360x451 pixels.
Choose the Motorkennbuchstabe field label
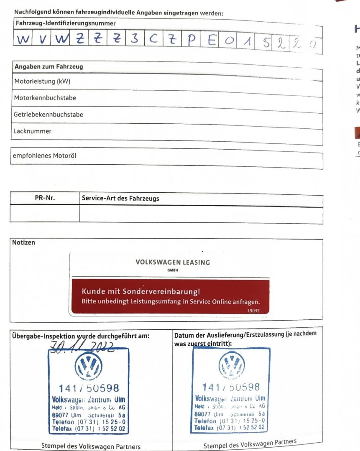pos(45,98)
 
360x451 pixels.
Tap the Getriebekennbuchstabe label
pos(49,115)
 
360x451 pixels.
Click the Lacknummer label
pos(32,131)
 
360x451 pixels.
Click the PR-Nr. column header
pos(45,199)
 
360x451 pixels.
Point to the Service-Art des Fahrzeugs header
pos(120,199)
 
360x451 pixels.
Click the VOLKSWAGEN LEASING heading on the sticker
pos(173,262)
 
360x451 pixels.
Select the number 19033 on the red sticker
pos(253,311)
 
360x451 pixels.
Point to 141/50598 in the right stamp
pos(231,387)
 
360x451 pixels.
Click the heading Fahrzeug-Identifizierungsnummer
pos(66,23)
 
